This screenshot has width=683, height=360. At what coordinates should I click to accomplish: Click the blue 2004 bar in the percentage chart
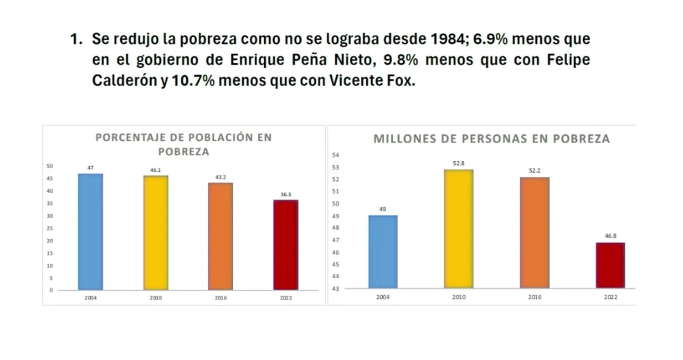pyautogui.click(x=90, y=232)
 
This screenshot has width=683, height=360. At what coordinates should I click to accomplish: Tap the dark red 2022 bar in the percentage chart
pyautogui.click(x=285, y=245)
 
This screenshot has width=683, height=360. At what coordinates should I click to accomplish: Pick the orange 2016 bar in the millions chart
pyautogui.click(x=534, y=232)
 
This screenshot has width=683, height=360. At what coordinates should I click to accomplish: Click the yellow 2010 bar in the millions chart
pyautogui.click(x=458, y=229)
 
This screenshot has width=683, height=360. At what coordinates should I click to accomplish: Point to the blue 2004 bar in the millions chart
pyautogui.click(x=382, y=252)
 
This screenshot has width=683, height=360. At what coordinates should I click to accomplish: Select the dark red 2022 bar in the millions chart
pyautogui.click(x=610, y=265)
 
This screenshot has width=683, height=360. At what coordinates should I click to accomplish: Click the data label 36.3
pyautogui.click(x=285, y=195)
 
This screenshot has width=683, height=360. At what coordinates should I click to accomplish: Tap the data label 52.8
pyautogui.click(x=458, y=164)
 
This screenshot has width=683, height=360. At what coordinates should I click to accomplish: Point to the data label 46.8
pyautogui.click(x=610, y=236)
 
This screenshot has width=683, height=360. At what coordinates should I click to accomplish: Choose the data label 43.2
pyautogui.click(x=220, y=178)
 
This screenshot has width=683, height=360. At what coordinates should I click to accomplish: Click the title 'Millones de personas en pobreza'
pyautogui.click(x=491, y=139)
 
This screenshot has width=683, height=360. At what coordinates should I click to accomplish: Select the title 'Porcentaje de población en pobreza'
pyautogui.click(x=183, y=144)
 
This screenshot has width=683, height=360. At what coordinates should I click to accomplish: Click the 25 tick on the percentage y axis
pyautogui.click(x=49, y=228)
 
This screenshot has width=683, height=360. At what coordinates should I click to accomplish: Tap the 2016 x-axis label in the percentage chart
pyautogui.click(x=220, y=297)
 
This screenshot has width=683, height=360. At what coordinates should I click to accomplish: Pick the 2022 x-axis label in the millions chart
pyautogui.click(x=610, y=296)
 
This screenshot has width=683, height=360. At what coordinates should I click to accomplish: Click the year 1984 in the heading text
pyautogui.click(x=448, y=39)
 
